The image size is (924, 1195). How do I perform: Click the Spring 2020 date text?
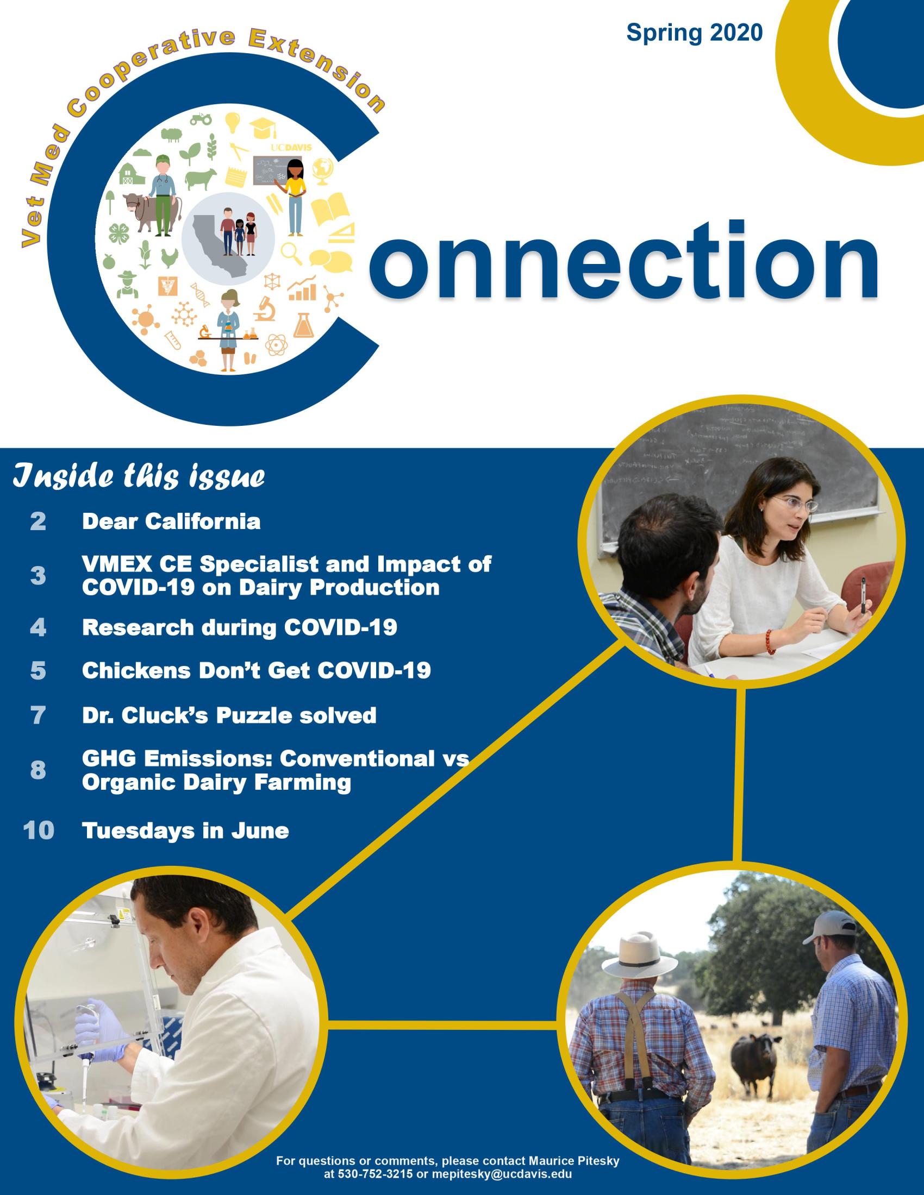[x=694, y=33]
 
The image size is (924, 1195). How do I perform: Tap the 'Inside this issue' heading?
[x=139, y=476]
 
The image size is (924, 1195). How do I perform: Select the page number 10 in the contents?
[x=39, y=830]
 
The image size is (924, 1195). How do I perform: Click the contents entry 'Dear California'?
[x=171, y=521]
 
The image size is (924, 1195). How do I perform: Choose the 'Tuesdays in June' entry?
[x=185, y=831]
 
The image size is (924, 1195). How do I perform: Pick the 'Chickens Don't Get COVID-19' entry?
[x=256, y=670]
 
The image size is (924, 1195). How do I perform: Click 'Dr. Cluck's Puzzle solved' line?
[x=229, y=715]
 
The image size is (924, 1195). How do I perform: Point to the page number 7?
[x=38, y=715]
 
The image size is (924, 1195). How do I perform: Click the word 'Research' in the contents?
[x=136, y=627]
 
